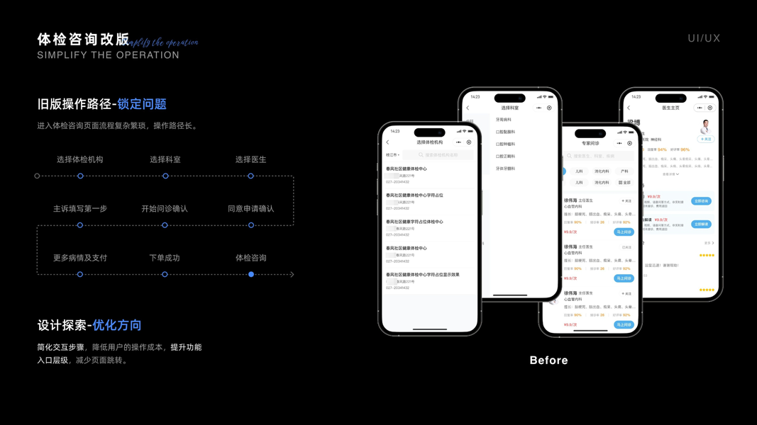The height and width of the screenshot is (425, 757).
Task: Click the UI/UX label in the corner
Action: pos(704,38)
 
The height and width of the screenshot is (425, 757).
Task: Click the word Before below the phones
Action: pos(548,361)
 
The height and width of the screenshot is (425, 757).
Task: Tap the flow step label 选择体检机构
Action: pos(80,159)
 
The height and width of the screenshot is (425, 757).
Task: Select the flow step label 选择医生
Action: pos(250,159)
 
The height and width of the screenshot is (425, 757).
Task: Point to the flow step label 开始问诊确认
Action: pos(165,209)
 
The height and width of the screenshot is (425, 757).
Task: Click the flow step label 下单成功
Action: pos(165,258)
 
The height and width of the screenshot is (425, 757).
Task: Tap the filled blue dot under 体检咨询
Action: pos(251,274)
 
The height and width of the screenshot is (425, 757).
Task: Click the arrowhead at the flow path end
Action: pos(292,274)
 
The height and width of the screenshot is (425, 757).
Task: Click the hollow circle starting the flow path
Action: pos(37,176)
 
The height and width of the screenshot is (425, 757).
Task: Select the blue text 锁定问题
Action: pos(142,104)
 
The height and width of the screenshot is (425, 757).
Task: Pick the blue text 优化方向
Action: pos(117,325)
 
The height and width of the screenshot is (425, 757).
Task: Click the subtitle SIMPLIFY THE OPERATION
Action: pos(108,55)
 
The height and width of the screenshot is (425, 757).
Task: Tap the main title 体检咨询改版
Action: pos(83,39)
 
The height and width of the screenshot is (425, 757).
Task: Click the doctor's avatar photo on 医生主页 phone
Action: pos(704,126)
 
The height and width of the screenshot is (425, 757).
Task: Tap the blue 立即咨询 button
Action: pos(701,201)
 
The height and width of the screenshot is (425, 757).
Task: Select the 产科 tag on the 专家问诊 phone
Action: pos(624,171)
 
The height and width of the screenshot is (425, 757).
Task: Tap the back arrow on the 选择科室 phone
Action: pos(468,108)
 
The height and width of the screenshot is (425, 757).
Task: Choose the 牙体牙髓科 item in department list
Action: pos(505,169)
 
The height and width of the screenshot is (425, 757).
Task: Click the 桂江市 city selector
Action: pos(392,154)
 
